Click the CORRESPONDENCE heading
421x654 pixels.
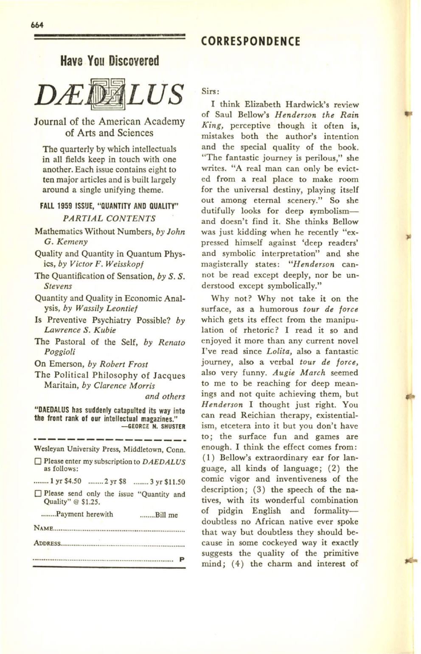pos(250,42)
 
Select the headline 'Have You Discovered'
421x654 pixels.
pos(109,61)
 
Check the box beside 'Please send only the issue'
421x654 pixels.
pos(38,494)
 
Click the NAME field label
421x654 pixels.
pos(43,529)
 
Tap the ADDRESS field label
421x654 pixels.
pos(47,543)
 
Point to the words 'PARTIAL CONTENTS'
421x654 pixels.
pos(109,218)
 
